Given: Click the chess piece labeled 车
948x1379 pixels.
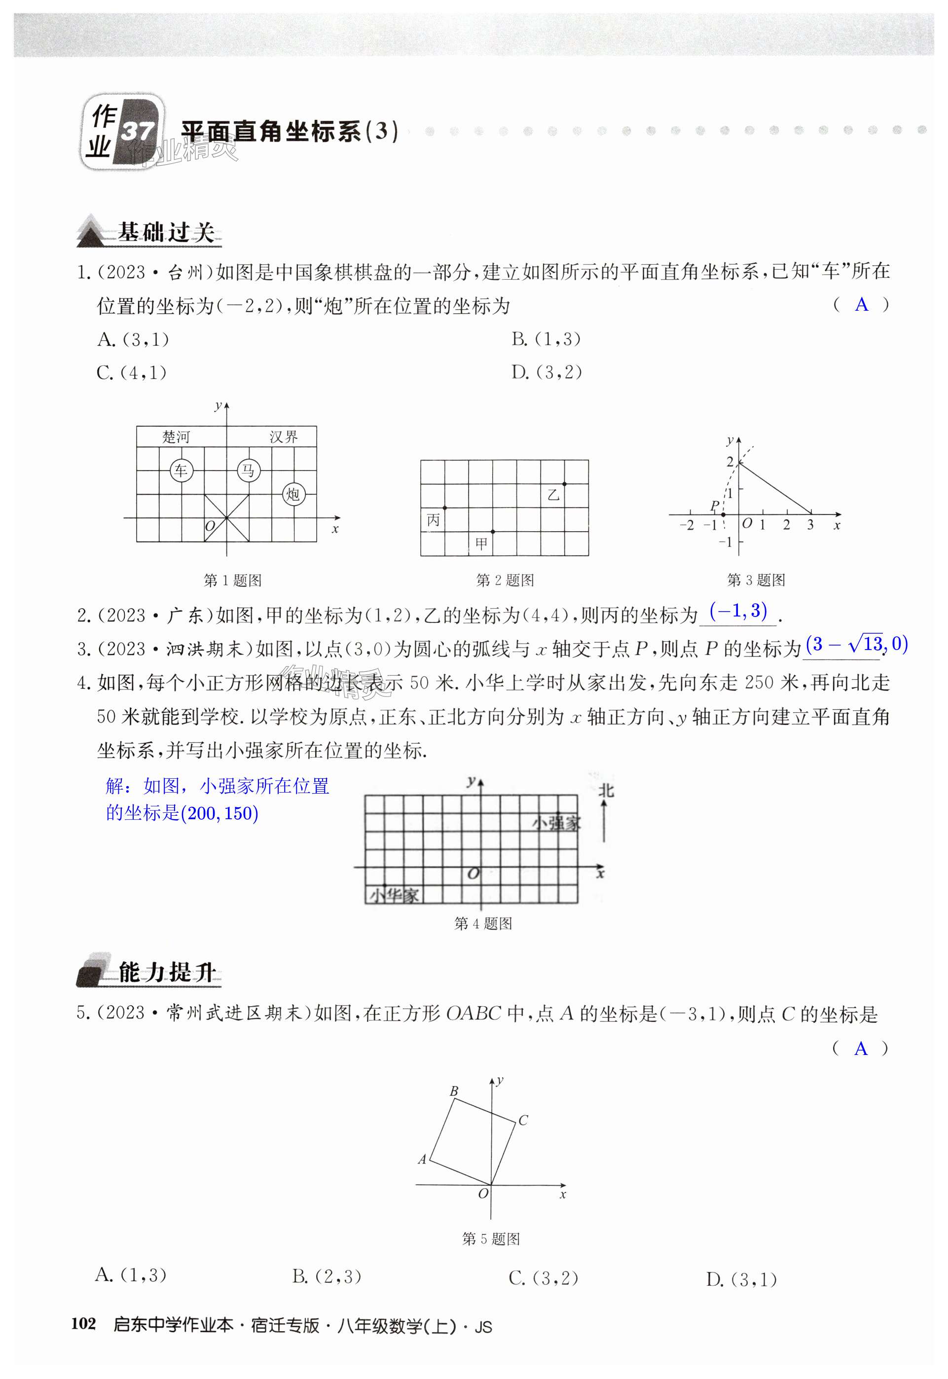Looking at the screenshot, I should coord(181,471).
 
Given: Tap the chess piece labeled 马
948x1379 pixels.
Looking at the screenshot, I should coord(248,471).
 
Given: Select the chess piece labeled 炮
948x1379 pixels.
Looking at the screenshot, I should coord(293,494).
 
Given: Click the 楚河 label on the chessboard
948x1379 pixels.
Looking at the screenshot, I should coord(176,437).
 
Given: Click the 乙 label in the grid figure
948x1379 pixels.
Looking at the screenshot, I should coord(553,495).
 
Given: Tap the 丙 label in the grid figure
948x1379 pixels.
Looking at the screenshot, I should coord(434,520).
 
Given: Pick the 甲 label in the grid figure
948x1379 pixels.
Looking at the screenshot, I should coord(481,543).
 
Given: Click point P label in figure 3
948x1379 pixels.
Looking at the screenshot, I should coord(715,506).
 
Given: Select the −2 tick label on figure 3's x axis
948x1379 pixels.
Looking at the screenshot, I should coord(686,525).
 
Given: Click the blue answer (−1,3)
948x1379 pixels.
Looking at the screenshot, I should coord(738,611).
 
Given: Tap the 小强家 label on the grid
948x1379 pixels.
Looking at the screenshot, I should coord(556,823).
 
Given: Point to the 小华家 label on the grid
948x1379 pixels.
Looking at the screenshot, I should coord(394,895).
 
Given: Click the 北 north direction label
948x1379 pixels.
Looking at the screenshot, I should coord(606,791).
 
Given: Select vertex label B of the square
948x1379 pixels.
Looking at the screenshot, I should coord(454,1091).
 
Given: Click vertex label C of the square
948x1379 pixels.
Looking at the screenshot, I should coord(523,1120).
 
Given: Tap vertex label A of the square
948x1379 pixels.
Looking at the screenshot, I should coord(422,1159).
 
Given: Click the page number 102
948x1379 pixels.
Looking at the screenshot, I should coord(83,1324).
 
